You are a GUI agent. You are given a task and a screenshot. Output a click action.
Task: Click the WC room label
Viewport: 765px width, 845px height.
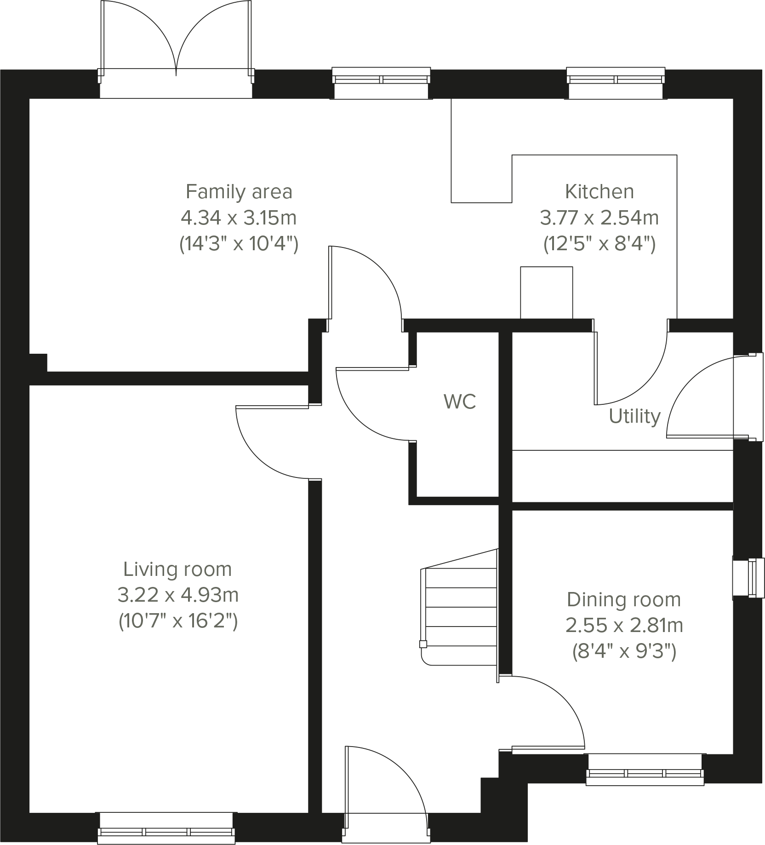(459, 402)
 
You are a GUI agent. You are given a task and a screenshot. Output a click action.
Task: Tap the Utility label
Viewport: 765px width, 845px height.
(634, 416)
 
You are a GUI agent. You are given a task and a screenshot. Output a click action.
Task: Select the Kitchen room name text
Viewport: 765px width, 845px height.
(599, 191)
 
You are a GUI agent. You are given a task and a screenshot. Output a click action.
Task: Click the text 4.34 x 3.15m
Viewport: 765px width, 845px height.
(238, 218)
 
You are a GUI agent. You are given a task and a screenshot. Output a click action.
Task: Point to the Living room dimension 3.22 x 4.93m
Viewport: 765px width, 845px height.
(178, 596)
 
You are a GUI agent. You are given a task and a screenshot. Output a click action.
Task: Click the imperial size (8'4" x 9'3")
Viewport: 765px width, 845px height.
(624, 651)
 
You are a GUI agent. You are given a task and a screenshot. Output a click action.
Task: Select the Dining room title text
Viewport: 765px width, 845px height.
(623, 600)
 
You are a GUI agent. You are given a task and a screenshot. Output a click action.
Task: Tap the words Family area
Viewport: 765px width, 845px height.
(239, 191)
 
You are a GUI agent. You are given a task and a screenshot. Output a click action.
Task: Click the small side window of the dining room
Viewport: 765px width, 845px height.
(748, 578)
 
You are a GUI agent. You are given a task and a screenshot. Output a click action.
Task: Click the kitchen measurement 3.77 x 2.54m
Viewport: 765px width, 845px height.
(599, 218)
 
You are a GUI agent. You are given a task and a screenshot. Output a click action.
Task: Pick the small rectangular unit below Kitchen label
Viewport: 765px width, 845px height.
(546, 292)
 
